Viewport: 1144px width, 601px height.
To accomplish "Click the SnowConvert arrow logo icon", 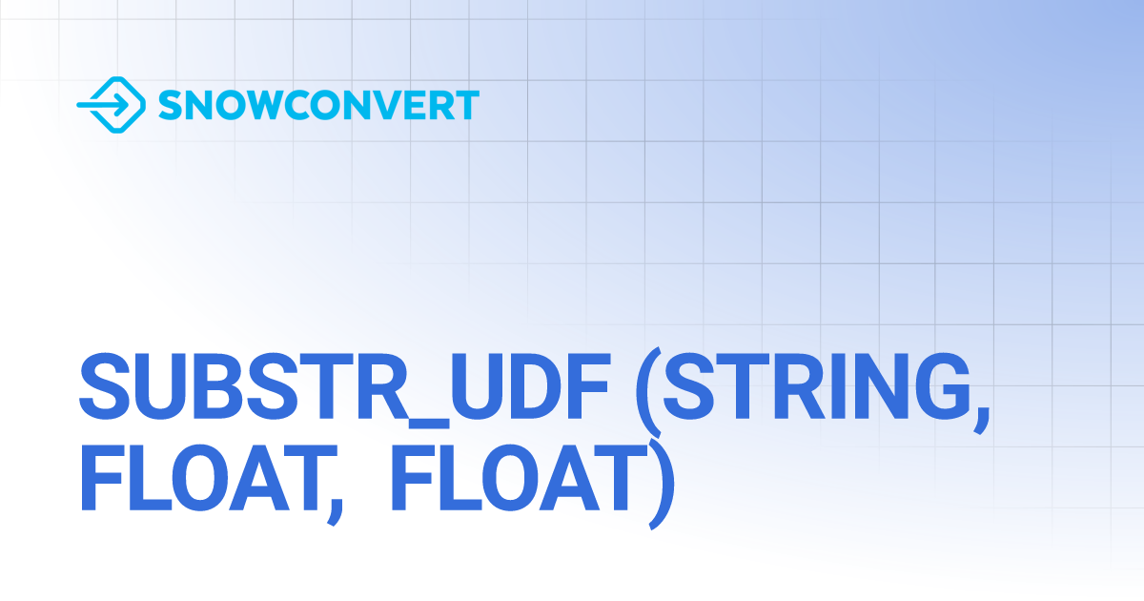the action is pyautogui.click(x=112, y=105).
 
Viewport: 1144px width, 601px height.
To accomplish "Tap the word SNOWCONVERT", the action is pyautogui.click(x=318, y=105).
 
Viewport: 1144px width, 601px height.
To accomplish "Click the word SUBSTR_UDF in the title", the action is pyautogui.click(x=345, y=387).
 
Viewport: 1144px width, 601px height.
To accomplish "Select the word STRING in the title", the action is pyautogui.click(x=817, y=386).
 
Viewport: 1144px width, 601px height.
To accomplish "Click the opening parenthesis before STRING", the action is pyautogui.click(x=648, y=392).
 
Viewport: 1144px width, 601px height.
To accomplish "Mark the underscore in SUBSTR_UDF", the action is pyautogui.click(x=428, y=424).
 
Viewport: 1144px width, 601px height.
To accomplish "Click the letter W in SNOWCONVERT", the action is pyautogui.click(x=258, y=105).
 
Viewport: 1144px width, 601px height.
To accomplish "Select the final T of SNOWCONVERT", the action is pyautogui.click(x=467, y=105).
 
